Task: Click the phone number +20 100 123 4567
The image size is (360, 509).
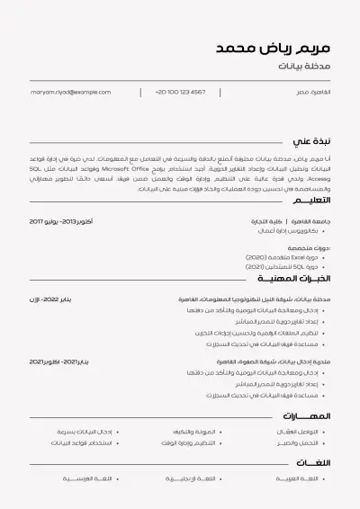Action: coord(180,92)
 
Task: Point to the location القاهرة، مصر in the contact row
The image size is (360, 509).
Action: coord(313,92)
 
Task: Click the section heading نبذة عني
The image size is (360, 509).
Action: coord(312,141)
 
